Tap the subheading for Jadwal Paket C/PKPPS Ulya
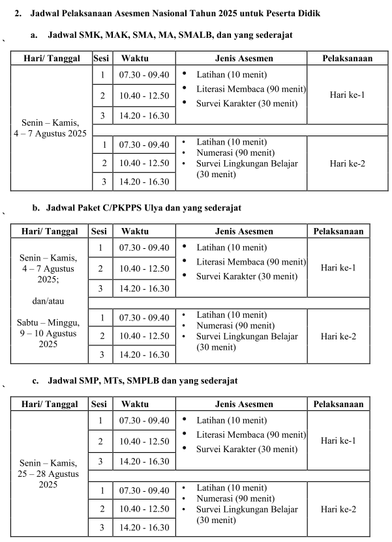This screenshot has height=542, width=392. tap(143, 208)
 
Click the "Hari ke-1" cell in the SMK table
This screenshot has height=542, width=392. tap(347, 95)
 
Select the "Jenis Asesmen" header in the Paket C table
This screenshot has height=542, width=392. tap(244, 231)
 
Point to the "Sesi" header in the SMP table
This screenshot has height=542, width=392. tap(100, 404)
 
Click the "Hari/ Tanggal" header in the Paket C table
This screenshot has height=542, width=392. tap(50, 231)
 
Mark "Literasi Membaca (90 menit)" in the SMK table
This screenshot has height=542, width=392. tap(251, 89)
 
